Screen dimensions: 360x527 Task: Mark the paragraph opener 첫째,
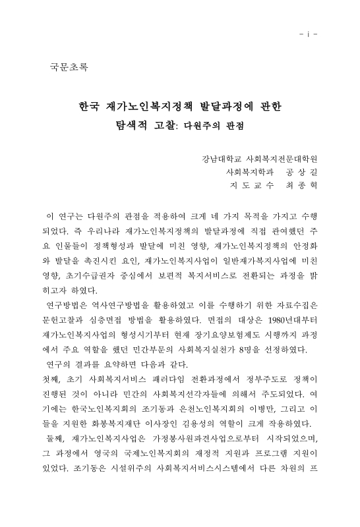tap(52, 378)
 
